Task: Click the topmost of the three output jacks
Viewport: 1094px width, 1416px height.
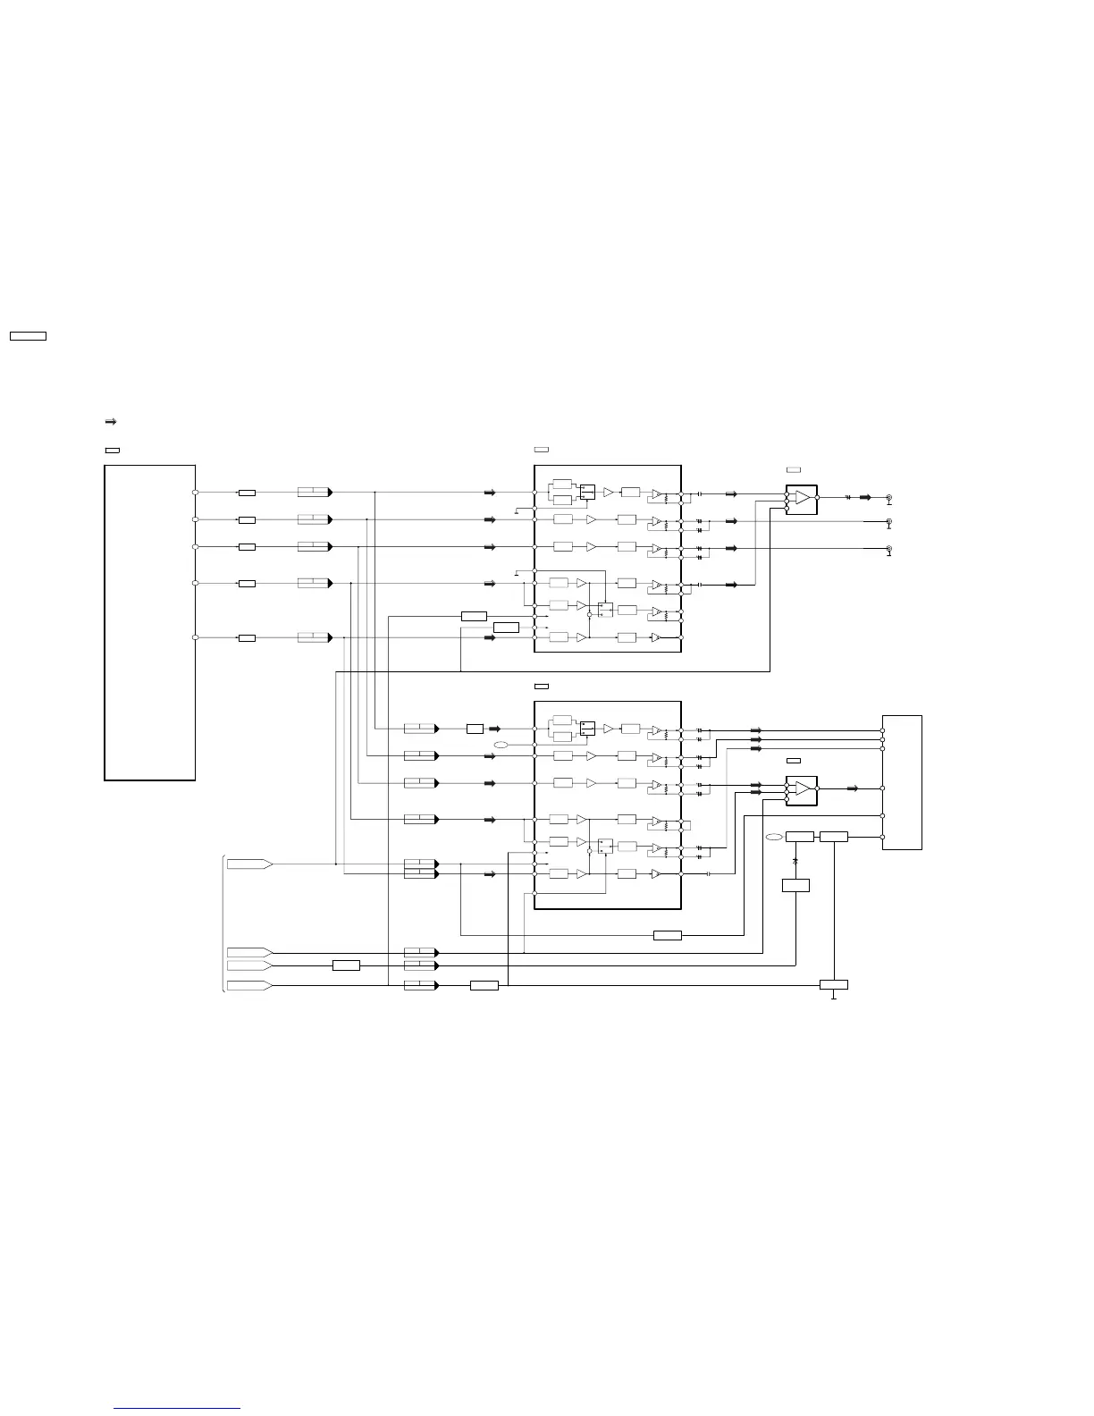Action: click(x=888, y=497)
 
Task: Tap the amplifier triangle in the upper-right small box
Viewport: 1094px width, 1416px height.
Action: click(x=803, y=497)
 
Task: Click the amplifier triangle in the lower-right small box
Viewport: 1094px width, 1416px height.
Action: click(x=803, y=788)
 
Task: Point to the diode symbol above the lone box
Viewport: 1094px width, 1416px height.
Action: click(x=795, y=860)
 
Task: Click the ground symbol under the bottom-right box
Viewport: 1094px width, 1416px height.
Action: click(x=834, y=996)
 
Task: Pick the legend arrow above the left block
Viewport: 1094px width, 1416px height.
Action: click(x=112, y=421)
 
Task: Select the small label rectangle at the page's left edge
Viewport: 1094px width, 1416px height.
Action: click(x=28, y=336)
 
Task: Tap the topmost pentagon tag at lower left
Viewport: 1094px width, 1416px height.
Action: click(x=249, y=864)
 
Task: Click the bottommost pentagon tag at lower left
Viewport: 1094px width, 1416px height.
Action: click(x=249, y=985)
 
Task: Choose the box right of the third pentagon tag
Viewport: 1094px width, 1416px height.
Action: click(x=346, y=965)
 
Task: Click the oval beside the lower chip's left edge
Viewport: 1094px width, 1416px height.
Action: click(x=501, y=745)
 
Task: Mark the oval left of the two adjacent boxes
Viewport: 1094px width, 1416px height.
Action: click(x=774, y=837)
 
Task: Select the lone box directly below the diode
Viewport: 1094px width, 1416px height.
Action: click(x=795, y=885)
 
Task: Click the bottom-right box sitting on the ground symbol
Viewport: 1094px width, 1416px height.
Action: click(x=834, y=985)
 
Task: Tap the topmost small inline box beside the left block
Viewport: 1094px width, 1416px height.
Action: click(x=247, y=493)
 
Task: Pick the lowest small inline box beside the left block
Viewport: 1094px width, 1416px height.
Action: click(x=247, y=638)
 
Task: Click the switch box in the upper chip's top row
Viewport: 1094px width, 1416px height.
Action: click(x=587, y=492)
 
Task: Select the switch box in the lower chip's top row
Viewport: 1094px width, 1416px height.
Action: click(x=587, y=728)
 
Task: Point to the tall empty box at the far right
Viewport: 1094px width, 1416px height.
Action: click(x=902, y=782)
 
